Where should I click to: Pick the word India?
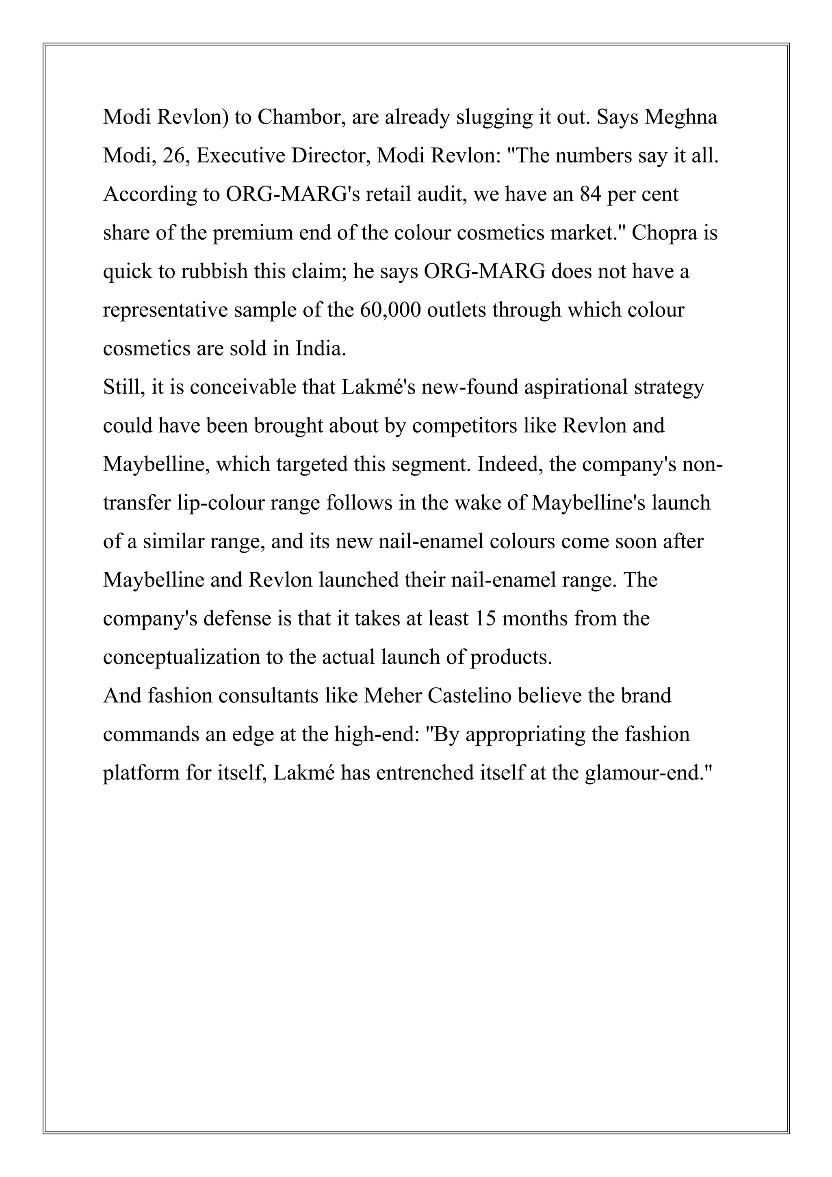[x=321, y=348]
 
